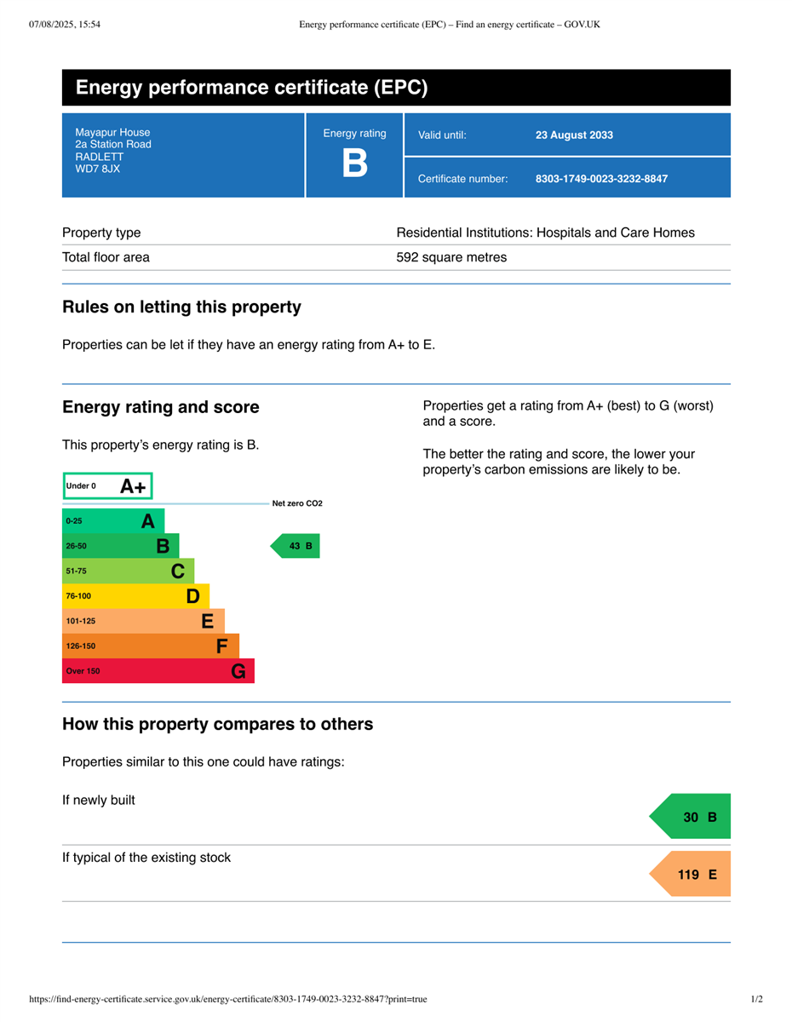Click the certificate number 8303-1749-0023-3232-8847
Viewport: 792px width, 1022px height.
tap(601, 179)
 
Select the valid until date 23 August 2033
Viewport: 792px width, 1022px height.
tap(574, 135)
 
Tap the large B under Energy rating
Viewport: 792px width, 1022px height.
tap(354, 163)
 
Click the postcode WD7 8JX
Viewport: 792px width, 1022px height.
tap(97, 169)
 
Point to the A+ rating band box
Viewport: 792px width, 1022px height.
tap(107, 486)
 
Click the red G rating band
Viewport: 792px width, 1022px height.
tap(158, 671)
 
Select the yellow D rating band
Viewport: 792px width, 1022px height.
tap(135, 596)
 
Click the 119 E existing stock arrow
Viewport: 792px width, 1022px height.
tap(692, 875)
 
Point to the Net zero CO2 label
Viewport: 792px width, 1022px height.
tap(297, 503)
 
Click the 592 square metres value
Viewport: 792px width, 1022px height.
tap(451, 257)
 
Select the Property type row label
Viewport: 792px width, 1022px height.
tap(101, 233)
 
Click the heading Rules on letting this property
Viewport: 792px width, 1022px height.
tap(181, 307)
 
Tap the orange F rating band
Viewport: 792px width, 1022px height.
tap(151, 646)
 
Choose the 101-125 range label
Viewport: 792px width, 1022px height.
tap(81, 621)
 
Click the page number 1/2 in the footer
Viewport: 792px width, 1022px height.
tap(756, 999)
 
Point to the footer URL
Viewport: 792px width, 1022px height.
tap(228, 999)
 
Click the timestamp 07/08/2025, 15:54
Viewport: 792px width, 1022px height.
tap(65, 25)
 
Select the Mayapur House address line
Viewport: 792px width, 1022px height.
tap(112, 133)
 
